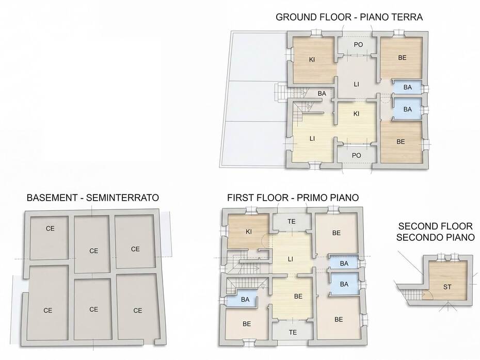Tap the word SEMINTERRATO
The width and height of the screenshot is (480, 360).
(x=122, y=198)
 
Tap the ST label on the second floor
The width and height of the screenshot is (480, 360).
(x=447, y=287)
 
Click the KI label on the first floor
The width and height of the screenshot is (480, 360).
(x=249, y=232)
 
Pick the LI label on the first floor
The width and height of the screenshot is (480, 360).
(x=290, y=259)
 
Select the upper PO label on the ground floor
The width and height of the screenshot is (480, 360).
(x=358, y=45)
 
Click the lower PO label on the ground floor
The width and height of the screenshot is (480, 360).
(x=356, y=155)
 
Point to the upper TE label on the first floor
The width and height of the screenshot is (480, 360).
(x=292, y=221)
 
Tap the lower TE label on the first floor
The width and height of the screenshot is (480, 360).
(x=293, y=332)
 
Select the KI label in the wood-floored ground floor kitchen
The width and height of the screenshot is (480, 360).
(x=312, y=60)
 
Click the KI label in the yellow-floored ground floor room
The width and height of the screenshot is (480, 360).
(x=356, y=114)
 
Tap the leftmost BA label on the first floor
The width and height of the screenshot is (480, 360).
(x=245, y=300)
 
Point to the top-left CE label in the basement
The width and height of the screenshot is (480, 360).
(x=50, y=228)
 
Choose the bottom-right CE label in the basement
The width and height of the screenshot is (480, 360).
(x=137, y=310)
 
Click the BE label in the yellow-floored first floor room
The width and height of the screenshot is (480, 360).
(x=298, y=297)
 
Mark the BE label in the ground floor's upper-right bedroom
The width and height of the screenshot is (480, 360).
(x=402, y=57)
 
